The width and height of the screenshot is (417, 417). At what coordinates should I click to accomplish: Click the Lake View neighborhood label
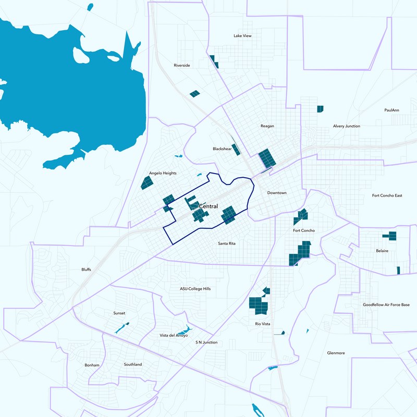coord(242,36)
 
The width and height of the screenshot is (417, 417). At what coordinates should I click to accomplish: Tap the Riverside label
coord(182,66)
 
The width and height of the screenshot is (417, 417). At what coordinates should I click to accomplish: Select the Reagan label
coord(267,126)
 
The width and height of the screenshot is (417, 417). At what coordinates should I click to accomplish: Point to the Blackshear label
coord(222,149)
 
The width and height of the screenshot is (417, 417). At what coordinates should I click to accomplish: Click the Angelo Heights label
coord(163,173)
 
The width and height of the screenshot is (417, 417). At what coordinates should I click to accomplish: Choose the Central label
coord(208,207)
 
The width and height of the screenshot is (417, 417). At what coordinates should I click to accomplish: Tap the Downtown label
coord(277,193)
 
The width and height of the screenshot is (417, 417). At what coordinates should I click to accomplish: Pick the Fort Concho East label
coord(387,195)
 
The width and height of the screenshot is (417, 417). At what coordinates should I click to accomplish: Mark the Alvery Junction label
coord(347,126)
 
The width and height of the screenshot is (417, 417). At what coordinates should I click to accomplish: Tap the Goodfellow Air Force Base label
coord(386,304)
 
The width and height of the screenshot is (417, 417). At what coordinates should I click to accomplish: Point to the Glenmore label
coord(336,353)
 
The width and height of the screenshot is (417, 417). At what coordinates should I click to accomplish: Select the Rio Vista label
coord(262,324)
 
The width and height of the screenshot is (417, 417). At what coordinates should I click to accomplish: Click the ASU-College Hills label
coord(195,289)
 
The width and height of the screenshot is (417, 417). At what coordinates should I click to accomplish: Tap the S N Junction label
coord(206,342)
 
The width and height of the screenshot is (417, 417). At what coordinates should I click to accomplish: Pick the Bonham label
coord(92,365)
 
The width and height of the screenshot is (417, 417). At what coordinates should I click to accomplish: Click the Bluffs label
coord(86,269)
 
